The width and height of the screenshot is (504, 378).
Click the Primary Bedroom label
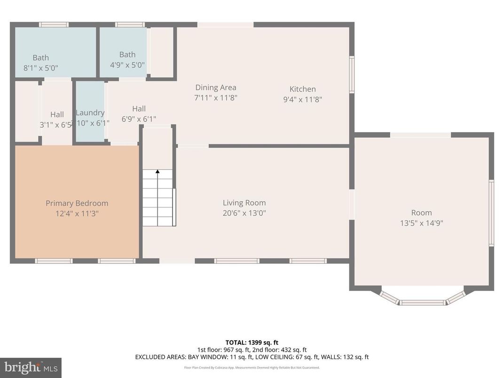pos(77,203)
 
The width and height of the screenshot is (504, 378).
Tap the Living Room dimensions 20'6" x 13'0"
pos(244,213)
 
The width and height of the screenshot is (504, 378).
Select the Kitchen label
pos(302,89)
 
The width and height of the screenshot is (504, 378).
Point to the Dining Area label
pos(216,87)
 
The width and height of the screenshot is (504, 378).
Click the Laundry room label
pos(90,112)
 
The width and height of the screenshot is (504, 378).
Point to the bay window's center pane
pos(423,303)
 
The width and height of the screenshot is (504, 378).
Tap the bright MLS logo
pos(31,367)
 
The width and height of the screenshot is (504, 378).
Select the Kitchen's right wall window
pos(352,74)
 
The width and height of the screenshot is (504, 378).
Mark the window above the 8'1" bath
pos(54,24)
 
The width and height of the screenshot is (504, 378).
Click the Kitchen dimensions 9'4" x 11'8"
pos(302,99)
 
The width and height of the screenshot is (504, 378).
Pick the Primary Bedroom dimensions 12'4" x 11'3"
pos(77,213)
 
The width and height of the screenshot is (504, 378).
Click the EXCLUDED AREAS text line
pos(252,357)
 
